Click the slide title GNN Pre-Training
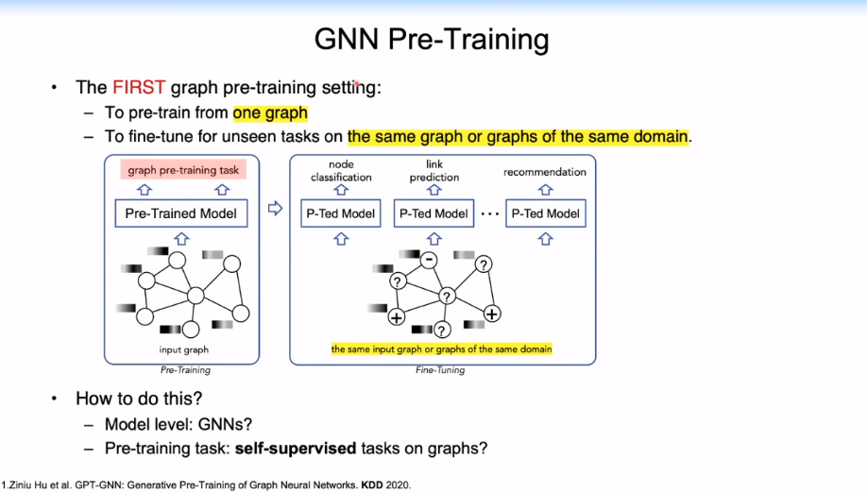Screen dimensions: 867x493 [431, 40]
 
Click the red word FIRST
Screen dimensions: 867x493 [139, 88]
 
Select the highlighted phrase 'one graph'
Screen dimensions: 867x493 [270, 112]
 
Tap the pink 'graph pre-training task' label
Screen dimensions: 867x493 [184, 171]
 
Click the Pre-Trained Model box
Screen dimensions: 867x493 [180, 213]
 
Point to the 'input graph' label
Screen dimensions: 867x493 [183, 350]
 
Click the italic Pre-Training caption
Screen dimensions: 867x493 [184, 370]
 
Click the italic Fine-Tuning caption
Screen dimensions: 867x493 [440, 370]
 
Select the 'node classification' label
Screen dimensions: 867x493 [341, 171]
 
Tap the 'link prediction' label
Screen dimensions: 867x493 [434, 171]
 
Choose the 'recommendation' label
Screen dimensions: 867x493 [545, 172]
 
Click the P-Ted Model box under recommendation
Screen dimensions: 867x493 [546, 213]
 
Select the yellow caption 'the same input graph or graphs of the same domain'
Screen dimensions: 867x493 [441, 349]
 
